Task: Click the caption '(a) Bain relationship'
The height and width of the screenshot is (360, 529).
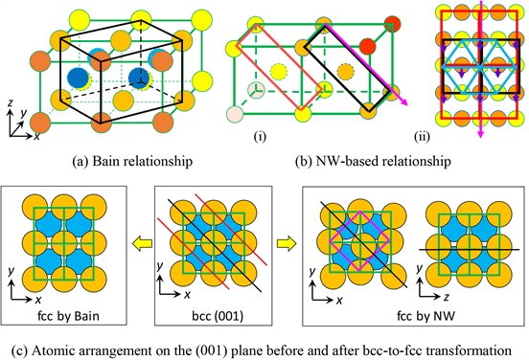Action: [x=132, y=161]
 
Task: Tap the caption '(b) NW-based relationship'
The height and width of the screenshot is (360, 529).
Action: [x=373, y=162]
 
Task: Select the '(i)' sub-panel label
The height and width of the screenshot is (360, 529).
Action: [x=260, y=137]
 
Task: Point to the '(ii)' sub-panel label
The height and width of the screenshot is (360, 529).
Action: [x=422, y=137]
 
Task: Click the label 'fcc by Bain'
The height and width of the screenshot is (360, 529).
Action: [x=68, y=316]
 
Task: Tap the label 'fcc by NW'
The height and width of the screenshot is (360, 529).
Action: [x=426, y=316]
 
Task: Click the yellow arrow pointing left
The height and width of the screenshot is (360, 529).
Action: [x=142, y=243]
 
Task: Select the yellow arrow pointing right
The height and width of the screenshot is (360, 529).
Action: [x=287, y=243]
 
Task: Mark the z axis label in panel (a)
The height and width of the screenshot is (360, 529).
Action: [x=11, y=102]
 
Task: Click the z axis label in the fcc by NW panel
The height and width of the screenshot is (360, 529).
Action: [x=447, y=297]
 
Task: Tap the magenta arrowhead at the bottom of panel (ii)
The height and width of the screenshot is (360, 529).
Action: [x=481, y=134]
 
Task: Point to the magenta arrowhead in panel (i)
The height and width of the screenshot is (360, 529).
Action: [x=403, y=102]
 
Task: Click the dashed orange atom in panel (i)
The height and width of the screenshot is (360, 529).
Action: [x=346, y=72]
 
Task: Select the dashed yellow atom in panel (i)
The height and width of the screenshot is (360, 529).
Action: [x=279, y=72]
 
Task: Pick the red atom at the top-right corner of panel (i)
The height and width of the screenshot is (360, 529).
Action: [x=392, y=25]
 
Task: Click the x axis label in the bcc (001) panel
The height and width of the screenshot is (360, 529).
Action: [x=187, y=295]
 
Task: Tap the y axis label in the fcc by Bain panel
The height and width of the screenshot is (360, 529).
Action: [x=11, y=271]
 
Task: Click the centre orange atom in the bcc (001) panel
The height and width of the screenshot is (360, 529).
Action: [x=213, y=243]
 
